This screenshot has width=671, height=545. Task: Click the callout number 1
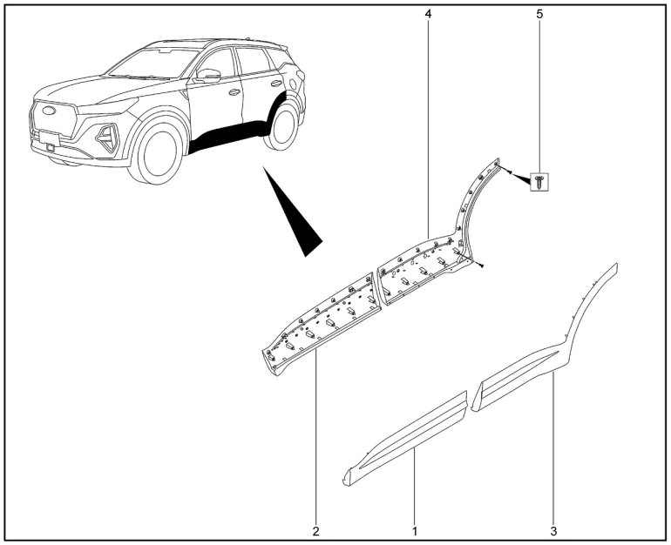tap(414, 531)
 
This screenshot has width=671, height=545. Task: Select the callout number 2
tap(315, 531)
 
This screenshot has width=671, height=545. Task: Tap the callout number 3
tap(553, 531)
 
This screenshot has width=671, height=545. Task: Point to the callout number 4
tap(429, 14)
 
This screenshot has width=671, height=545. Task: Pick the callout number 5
tap(539, 14)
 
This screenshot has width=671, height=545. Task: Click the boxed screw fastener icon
tap(539, 182)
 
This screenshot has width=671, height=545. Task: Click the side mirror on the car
tap(208, 76)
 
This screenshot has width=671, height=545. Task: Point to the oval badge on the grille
tap(49, 111)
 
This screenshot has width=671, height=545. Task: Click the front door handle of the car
tap(234, 92)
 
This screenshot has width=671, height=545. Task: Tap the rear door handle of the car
tap(276, 84)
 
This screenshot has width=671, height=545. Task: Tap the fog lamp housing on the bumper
tap(107, 138)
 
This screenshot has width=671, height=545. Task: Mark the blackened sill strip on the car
tap(227, 137)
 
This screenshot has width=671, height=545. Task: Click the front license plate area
tap(48, 137)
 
